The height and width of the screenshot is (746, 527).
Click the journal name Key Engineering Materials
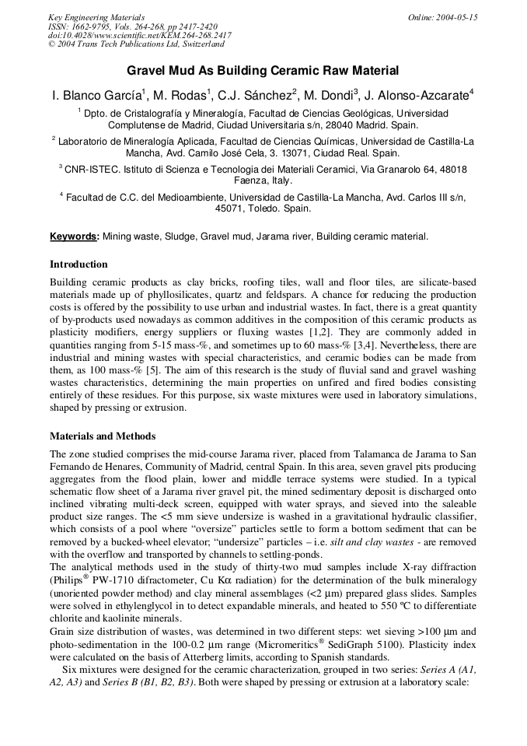96,17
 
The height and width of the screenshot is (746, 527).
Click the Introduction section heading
79,264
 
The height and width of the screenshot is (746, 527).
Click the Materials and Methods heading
103,436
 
